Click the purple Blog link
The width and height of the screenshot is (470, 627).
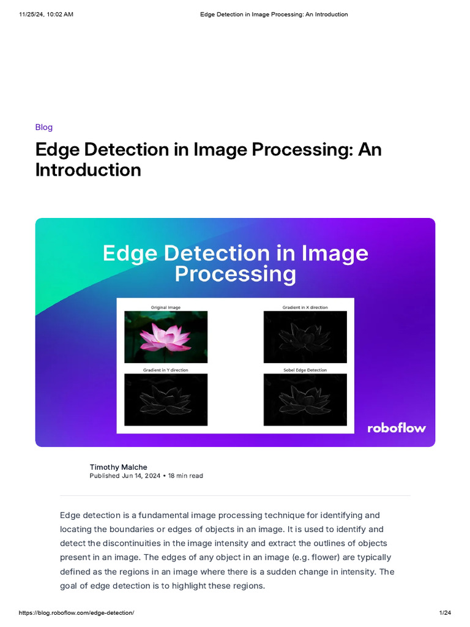(44, 127)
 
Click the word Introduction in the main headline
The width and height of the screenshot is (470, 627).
(88, 170)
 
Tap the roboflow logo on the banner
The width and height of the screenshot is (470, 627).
(397, 428)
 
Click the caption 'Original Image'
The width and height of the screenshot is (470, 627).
(166, 307)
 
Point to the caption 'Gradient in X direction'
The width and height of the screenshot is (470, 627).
(305, 307)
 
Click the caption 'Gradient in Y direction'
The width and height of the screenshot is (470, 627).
(166, 370)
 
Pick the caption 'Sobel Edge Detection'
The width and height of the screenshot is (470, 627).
(305, 370)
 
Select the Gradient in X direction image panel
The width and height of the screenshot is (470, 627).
(305, 337)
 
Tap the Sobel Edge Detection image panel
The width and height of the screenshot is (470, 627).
(305, 399)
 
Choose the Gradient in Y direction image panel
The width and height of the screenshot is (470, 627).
(166, 399)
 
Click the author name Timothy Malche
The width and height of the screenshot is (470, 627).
(118, 467)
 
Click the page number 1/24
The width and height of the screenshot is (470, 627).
(445, 613)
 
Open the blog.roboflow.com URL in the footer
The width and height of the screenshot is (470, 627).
(76, 613)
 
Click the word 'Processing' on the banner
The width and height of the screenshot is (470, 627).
(235, 274)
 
